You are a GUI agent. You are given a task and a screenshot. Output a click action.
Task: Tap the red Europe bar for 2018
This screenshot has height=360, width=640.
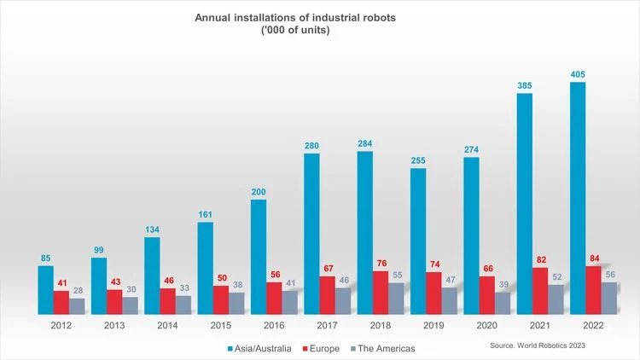click(381, 293)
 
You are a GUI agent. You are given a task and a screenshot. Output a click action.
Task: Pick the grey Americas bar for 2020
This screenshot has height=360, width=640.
click(503, 304)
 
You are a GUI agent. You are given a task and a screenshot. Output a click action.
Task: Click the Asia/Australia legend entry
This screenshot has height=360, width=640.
click(261, 348)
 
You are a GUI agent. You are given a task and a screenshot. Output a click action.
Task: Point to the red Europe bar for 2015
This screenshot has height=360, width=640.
click(220, 300)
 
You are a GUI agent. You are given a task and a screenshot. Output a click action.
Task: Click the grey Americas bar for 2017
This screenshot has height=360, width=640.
click(344, 301)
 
